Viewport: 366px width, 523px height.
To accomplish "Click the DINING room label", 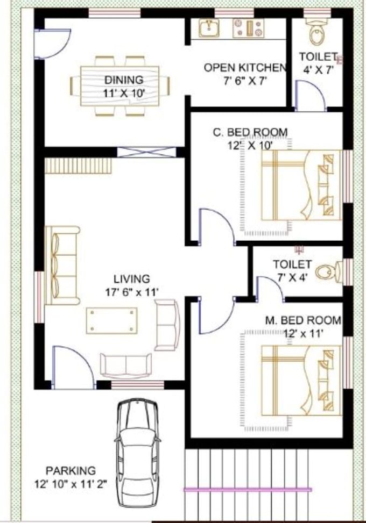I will pyautogui.click(x=124, y=80).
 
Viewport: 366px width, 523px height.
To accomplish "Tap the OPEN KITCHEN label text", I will pyautogui.click(x=244, y=68).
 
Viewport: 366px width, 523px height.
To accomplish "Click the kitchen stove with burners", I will pyautogui.click(x=248, y=28).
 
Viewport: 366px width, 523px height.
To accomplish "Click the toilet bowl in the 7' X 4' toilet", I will pyautogui.click(x=325, y=272).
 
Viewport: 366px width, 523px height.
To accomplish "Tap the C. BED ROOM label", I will pyautogui.click(x=250, y=132).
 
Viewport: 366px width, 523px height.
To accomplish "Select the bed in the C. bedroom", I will pyautogui.click(x=301, y=185).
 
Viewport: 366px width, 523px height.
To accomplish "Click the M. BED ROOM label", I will pyautogui.click(x=303, y=320).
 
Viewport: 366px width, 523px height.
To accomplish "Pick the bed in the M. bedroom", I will pyautogui.click(x=301, y=381).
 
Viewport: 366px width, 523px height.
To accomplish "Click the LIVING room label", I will pyautogui.click(x=131, y=279).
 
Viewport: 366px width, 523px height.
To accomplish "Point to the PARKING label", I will pyautogui.click(x=71, y=470).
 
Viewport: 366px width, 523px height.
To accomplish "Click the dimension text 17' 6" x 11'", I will pyautogui.click(x=132, y=292).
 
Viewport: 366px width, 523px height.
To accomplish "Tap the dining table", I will pyautogui.click(x=120, y=85).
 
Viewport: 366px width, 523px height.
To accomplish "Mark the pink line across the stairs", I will pyautogui.click(x=248, y=490).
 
